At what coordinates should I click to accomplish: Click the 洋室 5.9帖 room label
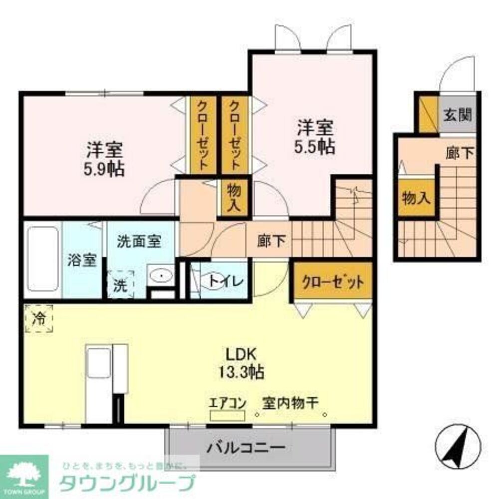click(x=104, y=159)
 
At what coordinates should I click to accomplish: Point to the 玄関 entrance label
click(x=457, y=115)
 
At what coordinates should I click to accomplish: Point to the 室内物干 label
click(x=290, y=402)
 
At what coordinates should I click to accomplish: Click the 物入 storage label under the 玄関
click(x=416, y=198)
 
